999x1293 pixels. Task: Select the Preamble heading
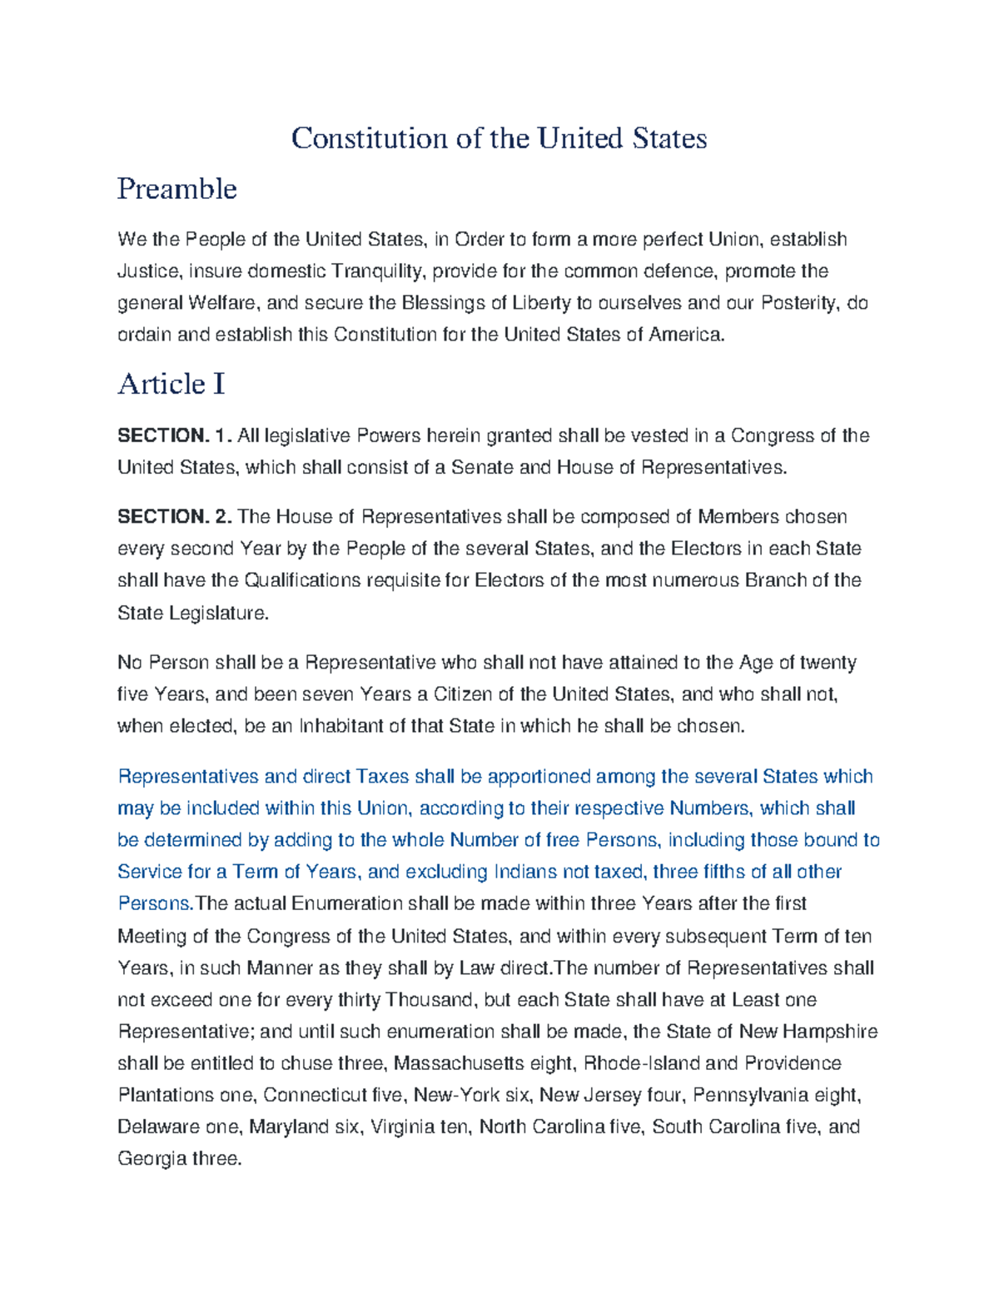click(x=176, y=189)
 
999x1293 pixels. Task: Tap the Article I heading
click(x=171, y=384)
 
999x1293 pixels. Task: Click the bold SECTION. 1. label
click(x=174, y=435)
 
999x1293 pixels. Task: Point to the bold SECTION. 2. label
click(x=174, y=517)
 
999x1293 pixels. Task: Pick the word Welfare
click(x=224, y=303)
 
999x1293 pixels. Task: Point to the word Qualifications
click(x=303, y=580)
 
